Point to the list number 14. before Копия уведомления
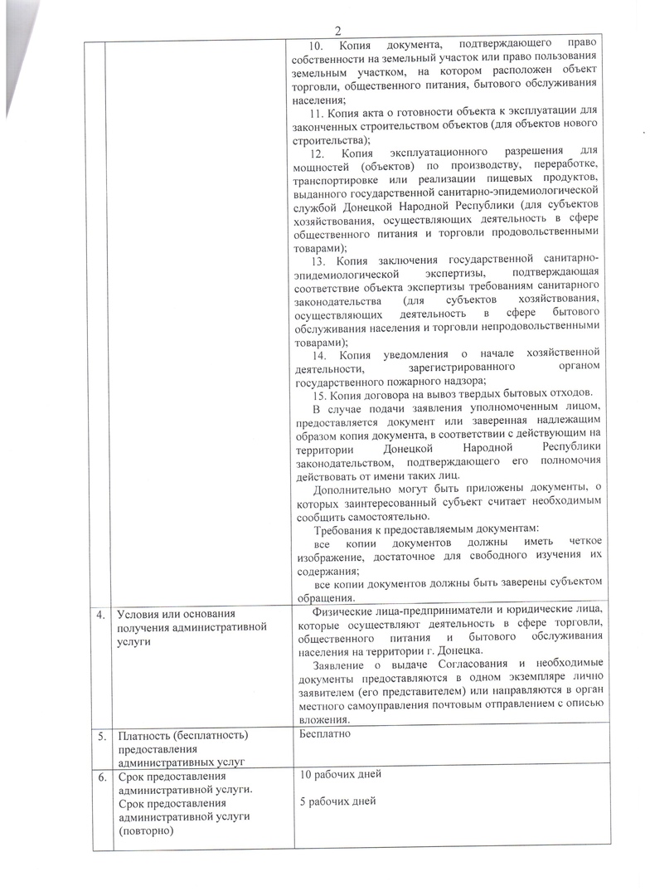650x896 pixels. pos(316,355)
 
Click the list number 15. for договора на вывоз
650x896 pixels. pos(316,392)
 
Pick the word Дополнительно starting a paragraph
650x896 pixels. pos(348,489)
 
